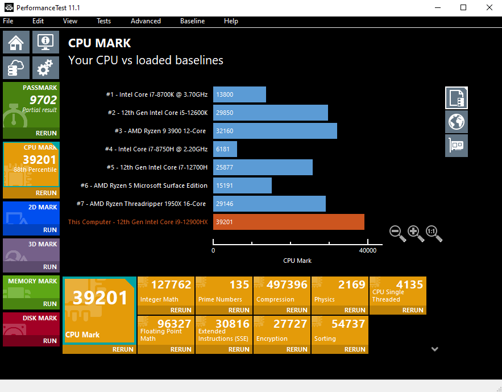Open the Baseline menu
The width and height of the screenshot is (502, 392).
click(192, 21)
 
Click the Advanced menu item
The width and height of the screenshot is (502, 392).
click(146, 21)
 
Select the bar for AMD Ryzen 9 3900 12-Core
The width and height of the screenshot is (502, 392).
click(275, 131)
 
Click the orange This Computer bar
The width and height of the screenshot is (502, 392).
click(288, 222)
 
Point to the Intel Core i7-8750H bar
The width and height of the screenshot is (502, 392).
click(225, 149)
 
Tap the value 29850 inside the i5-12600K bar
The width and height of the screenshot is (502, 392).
click(225, 113)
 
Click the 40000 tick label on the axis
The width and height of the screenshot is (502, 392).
click(367, 250)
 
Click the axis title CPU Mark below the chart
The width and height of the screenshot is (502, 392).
click(297, 261)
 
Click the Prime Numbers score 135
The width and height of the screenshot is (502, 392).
click(239, 284)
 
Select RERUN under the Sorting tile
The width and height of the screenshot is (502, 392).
click(355, 349)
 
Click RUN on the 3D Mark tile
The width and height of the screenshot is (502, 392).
click(50, 267)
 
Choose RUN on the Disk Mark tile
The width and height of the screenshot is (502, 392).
click(50, 341)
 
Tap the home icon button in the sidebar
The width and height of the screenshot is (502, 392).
click(16, 43)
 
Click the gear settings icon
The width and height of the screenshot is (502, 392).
click(45, 68)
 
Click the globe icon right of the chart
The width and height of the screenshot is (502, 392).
click(457, 121)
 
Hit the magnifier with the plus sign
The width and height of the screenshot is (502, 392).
click(416, 233)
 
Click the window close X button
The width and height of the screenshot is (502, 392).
click(489, 7)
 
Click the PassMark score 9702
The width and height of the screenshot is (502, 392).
click(43, 100)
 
